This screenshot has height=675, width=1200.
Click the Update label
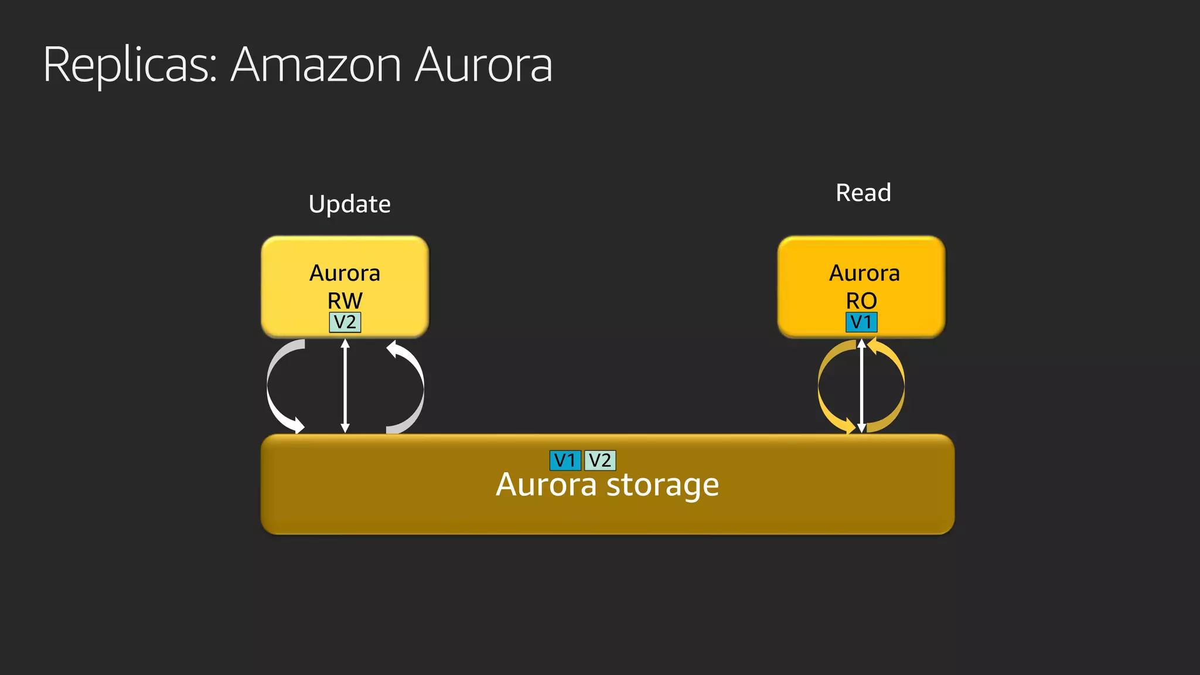(x=349, y=204)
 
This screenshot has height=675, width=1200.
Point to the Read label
(x=863, y=193)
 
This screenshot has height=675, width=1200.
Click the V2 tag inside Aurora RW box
(x=345, y=322)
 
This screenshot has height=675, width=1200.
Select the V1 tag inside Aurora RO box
(x=861, y=322)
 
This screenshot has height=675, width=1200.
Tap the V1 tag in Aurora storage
(x=565, y=461)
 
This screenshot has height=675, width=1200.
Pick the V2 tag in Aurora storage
(x=600, y=461)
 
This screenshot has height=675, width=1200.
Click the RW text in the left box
(x=345, y=301)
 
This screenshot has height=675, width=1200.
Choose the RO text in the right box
(x=861, y=301)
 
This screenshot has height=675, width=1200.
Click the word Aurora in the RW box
(x=345, y=273)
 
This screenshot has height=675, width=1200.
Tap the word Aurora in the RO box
(x=864, y=273)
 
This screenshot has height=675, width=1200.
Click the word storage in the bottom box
(x=662, y=485)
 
